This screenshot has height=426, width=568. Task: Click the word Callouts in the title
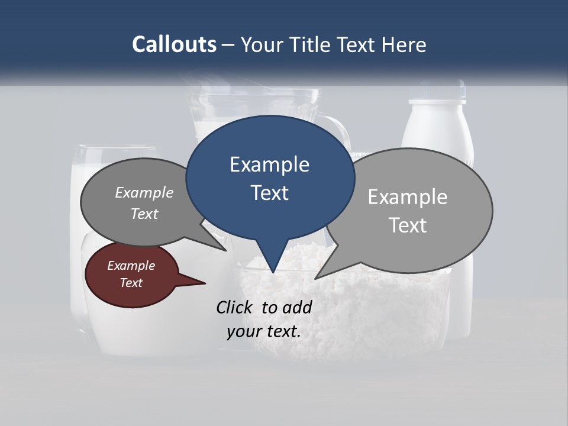coord(174,44)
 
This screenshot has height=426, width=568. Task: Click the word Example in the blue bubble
coord(269,164)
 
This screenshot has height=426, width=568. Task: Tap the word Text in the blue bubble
coord(269,193)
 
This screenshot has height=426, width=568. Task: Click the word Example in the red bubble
coord(131,266)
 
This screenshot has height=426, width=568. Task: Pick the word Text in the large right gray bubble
coord(408,225)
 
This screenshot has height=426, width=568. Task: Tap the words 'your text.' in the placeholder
coord(264,331)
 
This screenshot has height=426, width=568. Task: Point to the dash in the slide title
coord(228,45)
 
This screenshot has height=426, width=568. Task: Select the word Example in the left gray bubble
coord(144,192)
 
